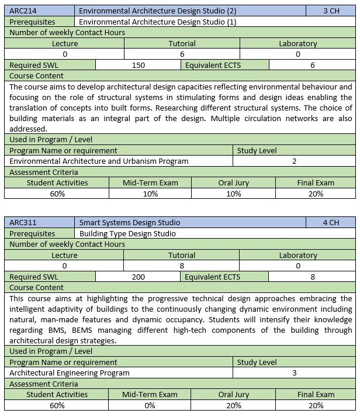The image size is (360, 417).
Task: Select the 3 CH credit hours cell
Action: pos(330,11)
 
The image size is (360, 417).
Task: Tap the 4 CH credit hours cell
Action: pos(330,222)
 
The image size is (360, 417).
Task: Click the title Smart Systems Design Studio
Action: pos(129,222)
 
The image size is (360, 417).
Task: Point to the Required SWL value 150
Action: pos(138,65)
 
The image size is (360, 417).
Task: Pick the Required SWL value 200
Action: pos(138,277)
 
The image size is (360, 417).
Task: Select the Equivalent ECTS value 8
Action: pos(313,277)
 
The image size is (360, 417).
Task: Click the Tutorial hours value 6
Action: pos(182,54)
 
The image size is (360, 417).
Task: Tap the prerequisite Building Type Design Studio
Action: pos(127,233)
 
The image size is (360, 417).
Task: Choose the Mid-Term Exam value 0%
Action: pos(150,405)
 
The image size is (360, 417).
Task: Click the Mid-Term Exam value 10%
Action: pos(150,194)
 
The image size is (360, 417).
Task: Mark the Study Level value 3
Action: pos(295,373)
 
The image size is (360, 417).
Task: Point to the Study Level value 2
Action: pos(295,161)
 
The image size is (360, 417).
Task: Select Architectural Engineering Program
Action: pos(70,373)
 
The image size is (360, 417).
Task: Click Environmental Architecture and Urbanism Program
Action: pos(99,161)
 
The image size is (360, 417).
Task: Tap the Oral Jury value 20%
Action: pos(234,405)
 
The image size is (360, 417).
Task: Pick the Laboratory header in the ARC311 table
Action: pos(297,255)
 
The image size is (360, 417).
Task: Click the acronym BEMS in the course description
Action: pos(86,330)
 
